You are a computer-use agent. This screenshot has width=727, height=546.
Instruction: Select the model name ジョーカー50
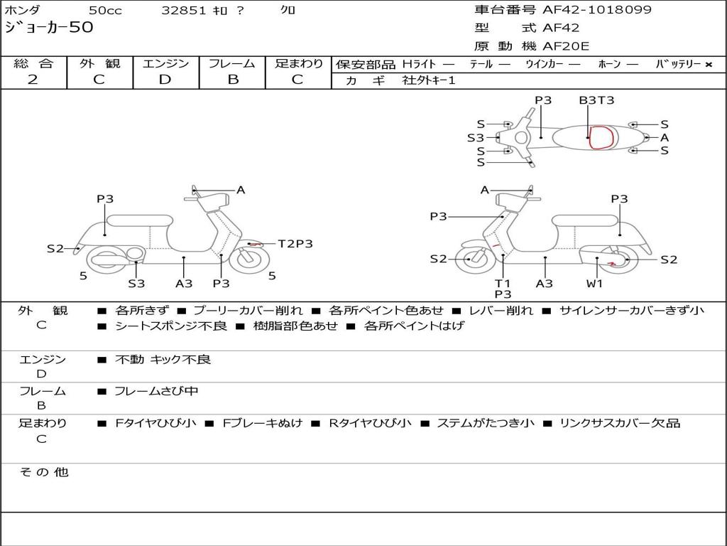[49, 28]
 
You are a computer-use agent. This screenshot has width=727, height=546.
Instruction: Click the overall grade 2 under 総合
[33, 80]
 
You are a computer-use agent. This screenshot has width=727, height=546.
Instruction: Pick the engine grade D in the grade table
[165, 80]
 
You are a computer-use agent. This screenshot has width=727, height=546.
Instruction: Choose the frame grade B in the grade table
[233, 80]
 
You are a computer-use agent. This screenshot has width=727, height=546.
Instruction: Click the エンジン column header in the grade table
[165, 63]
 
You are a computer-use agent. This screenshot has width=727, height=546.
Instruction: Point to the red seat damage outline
[600, 137]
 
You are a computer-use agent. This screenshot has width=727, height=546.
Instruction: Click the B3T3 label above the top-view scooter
[596, 100]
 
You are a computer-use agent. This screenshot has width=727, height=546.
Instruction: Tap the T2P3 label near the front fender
[295, 244]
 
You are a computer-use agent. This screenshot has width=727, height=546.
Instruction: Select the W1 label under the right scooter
[594, 283]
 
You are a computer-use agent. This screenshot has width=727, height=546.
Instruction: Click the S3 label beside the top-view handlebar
[476, 138]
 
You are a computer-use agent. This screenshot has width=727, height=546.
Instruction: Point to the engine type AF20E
[566, 47]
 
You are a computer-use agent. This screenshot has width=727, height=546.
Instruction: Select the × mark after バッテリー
[708, 64]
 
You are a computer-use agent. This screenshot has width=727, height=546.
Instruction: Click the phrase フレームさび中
[156, 391]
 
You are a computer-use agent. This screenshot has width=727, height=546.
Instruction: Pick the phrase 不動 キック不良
[163, 360]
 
